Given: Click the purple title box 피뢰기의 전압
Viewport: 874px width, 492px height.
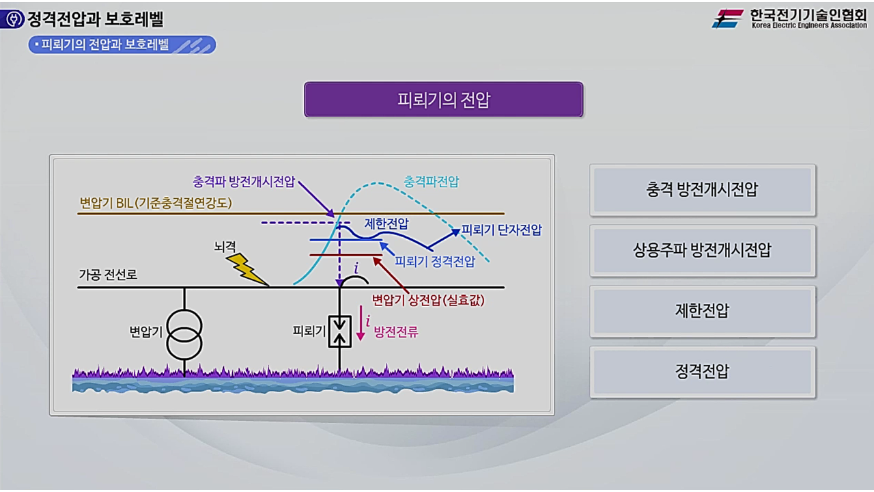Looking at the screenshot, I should coord(444,100).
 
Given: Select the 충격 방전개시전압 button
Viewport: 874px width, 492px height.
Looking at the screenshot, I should coord(702,190).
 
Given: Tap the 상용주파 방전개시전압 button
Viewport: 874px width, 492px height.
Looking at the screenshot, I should coord(702,250).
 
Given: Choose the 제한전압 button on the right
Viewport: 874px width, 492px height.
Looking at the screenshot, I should coord(702,311).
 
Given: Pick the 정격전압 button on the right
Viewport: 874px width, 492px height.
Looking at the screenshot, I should coord(702,372).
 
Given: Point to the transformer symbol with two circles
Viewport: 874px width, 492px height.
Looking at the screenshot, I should coord(184,333).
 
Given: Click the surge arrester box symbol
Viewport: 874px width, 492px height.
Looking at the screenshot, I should coord(339,332).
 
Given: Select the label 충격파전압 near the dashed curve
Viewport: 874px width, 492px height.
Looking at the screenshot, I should coord(432,182).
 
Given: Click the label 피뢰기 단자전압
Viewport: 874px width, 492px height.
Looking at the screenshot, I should coord(502,230).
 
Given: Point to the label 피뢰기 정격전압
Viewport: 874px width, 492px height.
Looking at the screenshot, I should coord(435,261).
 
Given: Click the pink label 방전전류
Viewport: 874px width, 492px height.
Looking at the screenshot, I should coord(396,333).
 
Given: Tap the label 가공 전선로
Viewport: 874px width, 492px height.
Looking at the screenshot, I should coord(108,275).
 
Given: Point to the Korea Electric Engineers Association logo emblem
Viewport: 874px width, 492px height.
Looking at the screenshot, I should coord(728,18).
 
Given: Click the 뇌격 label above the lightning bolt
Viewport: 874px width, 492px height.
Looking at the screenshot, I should coord(224,246).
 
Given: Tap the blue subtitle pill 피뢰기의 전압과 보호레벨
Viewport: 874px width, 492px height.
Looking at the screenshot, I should coord(122,45).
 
